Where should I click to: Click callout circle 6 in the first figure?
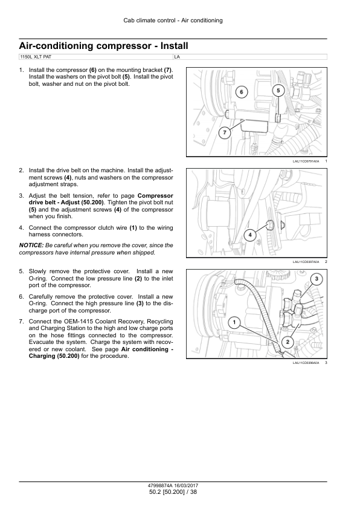coord(241,92)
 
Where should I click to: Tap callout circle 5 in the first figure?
coord(278,90)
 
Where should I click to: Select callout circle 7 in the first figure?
coord(225,132)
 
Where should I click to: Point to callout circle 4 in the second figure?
coord(250,235)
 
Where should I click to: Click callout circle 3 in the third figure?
coord(317,279)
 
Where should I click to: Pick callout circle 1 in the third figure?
coord(234,322)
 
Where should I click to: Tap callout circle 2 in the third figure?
coord(288,342)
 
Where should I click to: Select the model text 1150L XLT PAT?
coord(36,57)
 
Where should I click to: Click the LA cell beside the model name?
coord(177,57)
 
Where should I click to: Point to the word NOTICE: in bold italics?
coord(31,245)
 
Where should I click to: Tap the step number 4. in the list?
coord(21,228)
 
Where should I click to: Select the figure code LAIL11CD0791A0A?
coord(306,161)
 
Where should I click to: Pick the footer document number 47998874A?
coord(160,485)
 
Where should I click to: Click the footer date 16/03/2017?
coord(186,485)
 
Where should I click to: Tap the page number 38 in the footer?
coord(193,492)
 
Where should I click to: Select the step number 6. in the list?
coord(21,297)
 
